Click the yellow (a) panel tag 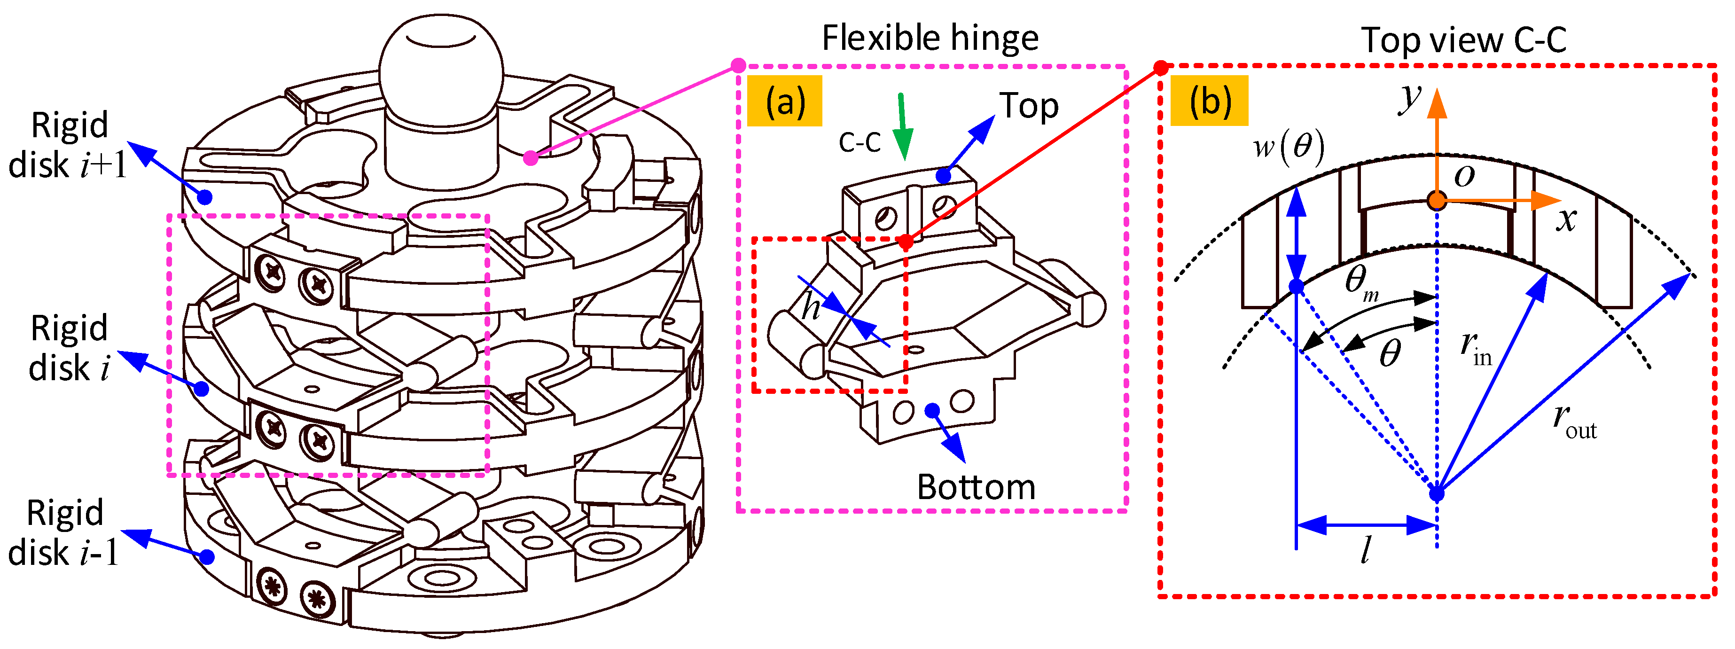pyautogui.click(x=785, y=101)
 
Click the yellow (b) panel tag pyautogui.click(x=1209, y=101)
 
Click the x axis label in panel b pyautogui.click(x=1566, y=219)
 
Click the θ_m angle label pyautogui.click(x=1360, y=283)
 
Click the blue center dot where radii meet pyautogui.click(x=1437, y=493)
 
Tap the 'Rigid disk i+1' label pyautogui.click(x=67, y=145)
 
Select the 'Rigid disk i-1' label pyautogui.click(x=64, y=532)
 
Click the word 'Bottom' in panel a pyautogui.click(x=976, y=487)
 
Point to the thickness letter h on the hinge pyautogui.click(x=811, y=308)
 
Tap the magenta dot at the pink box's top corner pyautogui.click(x=738, y=65)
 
